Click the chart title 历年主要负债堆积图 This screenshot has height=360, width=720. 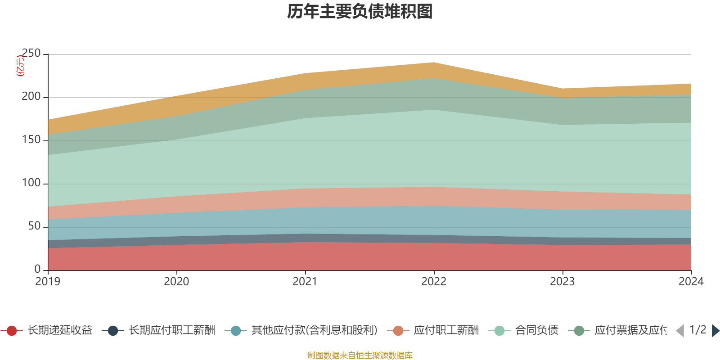click(360, 12)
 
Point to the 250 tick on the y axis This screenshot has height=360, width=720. click(31, 54)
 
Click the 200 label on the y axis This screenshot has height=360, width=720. click(31, 97)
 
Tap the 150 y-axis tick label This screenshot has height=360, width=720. click(31, 140)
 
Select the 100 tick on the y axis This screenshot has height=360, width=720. click(31, 183)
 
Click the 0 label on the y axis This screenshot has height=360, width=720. click(37, 269)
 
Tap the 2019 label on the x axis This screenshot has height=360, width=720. click(48, 282)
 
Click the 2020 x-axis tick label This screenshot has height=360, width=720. click(176, 282)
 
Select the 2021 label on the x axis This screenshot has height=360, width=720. click(305, 282)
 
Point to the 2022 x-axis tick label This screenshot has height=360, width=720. click(434, 282)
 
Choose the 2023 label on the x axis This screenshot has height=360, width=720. click(562, 282)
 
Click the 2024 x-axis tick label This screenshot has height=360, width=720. click(691, 282)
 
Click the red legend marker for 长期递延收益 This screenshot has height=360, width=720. click(12, 331)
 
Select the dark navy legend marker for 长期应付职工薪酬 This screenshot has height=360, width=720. click(113, 331)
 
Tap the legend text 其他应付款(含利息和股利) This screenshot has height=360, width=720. click(314, 331)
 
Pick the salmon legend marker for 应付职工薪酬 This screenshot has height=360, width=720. click(398, 331)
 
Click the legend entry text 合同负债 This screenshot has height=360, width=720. click(536, 331)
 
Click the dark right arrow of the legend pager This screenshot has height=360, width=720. click(715, 331)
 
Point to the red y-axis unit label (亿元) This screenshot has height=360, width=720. click(20, 66)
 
